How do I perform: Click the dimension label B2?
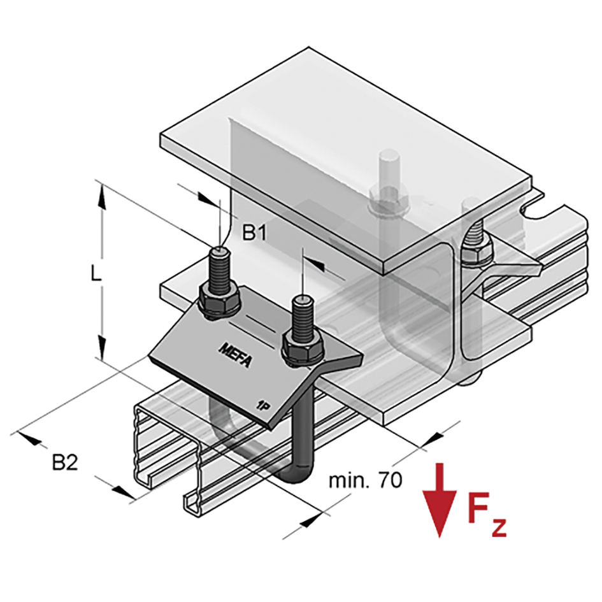point(64,462)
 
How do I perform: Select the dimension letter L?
point(95,274)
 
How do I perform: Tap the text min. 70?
point(365,480)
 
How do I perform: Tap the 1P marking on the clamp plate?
point(261,403)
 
